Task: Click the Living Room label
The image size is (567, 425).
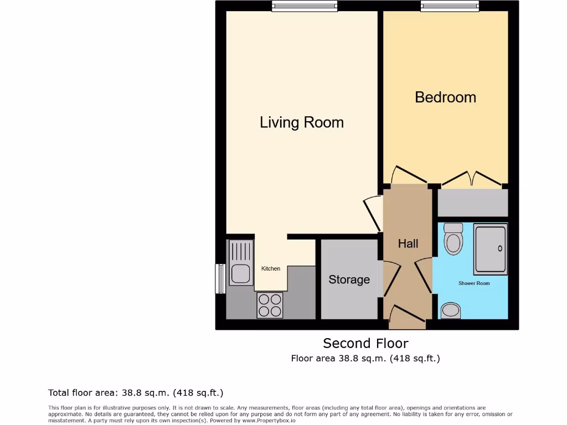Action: coord(302,122)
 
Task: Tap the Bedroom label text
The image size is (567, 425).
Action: coord(445,97)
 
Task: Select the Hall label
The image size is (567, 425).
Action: coord(408,243)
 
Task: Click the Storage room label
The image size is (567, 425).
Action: coord(349,279)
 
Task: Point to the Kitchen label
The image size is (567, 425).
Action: coord(271,268)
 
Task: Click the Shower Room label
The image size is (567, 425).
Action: coord(474,283)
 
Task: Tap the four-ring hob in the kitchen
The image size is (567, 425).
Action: coord(270,305)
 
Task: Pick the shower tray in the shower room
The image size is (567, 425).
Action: coord(490,249)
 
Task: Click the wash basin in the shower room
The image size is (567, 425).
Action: coord(451,310)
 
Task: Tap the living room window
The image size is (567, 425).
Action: coord(305,6)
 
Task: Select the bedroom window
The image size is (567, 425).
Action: coord(450,6)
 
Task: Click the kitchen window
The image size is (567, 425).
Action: coord(220,278)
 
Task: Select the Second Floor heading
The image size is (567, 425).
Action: coord(365,343)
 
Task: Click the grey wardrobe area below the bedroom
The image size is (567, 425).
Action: coord(472,203)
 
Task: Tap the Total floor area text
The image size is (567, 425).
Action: coord(136,393)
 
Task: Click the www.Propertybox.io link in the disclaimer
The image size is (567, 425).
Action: coord(269,421)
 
